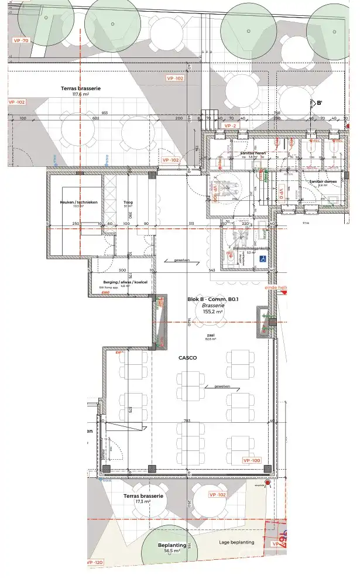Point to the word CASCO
pos(187,357)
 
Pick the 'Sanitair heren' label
pos(253,153)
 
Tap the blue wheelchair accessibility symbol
pos(263,258)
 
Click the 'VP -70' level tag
pos(21,40)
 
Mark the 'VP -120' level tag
pos(95,562)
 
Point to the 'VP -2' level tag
pos(230,125)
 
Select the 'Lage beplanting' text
pos(237,542)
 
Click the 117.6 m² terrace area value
pos(80,94)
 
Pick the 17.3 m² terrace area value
pos(143,502)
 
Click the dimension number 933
pos(105,113)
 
